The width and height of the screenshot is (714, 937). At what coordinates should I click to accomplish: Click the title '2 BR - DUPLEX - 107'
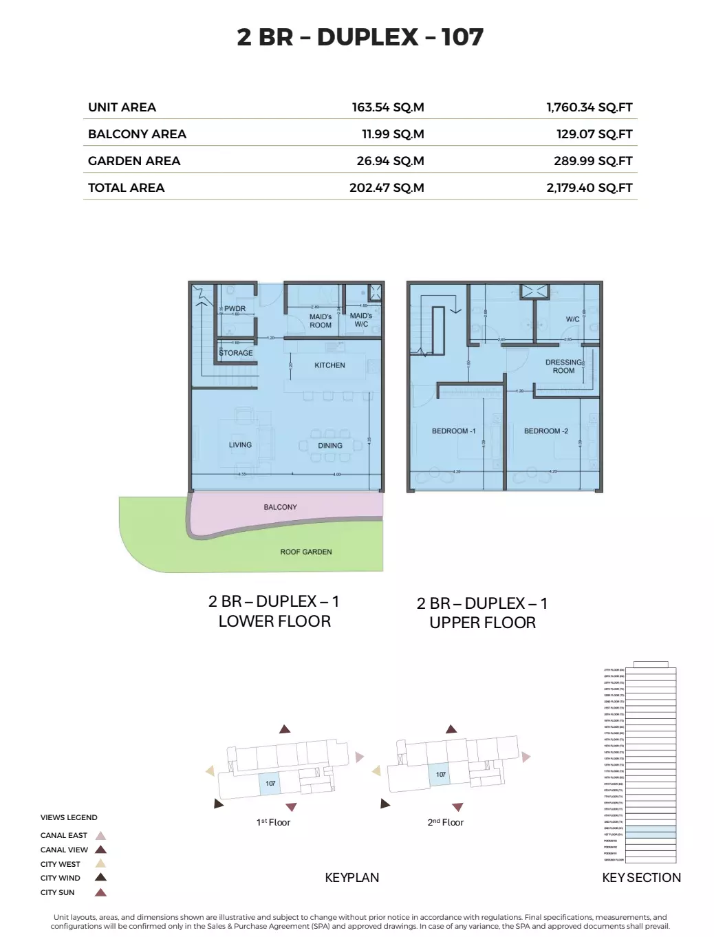pyautogui.click(x=360, y=37)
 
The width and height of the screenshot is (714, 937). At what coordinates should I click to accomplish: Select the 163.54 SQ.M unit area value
pyautogui.click(x=388, y=107)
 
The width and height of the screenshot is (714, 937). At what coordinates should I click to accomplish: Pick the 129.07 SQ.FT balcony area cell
pyautogui.click(x=594, y=134)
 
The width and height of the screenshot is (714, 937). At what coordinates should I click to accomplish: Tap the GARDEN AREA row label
pyautogui.click(x=134, y=161)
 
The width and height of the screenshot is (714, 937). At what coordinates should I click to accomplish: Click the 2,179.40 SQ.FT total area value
pyautogui.click(x=589, y=188)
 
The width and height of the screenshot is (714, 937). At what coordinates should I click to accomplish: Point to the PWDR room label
pyautogui.click(x=235, y=309)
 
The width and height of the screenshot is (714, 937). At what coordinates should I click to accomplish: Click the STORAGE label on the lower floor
pyautogui.click(x=236, y=353)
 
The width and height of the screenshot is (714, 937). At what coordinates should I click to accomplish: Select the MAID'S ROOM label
pyautogui.click(x=321, y=321)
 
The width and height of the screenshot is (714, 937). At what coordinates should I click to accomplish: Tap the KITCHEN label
pyautogui.click(x=329, y=365)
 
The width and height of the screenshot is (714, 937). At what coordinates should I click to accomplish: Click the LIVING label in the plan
pyautogui.click(x=240, y=445)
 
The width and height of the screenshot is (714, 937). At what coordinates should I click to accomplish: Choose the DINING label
pyautogui.click(x=330, y=446)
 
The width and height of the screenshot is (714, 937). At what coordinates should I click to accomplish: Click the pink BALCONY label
pyautogui.click(x=280, y=507)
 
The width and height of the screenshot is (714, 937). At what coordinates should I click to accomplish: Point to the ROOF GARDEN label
pyautogui.click(x=306, y=552)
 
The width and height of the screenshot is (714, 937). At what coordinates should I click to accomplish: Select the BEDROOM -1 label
pyautogui.click(x=453, y=431)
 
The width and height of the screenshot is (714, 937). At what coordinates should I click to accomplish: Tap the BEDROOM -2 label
pyautogui.click(x=546, y=431)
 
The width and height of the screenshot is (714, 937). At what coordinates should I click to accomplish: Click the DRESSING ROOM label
pyautogui.click(x=563, y=366)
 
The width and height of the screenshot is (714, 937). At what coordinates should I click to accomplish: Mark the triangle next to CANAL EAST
pyautogui.click(x=101, y=836)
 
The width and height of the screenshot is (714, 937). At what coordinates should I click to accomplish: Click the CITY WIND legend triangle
pyautogui.click(x=101, y=877)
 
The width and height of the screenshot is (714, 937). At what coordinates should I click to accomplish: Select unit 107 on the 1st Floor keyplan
pyautogui.click(x=270, y=784)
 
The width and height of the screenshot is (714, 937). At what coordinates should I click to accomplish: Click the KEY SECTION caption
pyautogui.click(x=641, y=878)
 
